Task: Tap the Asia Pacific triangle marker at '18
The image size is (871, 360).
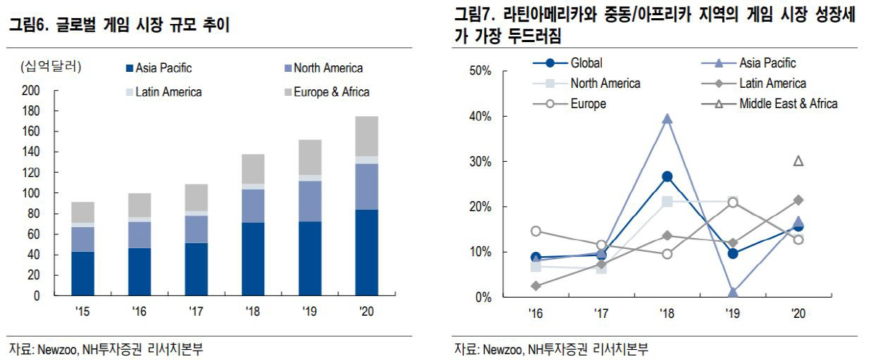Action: [667, 118]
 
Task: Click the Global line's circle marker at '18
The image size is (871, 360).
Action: [667, 176]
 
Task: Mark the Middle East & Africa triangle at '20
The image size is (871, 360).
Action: [798, 161]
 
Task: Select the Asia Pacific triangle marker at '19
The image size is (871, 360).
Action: [733, 292]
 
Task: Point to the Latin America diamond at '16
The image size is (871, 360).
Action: [536, 286]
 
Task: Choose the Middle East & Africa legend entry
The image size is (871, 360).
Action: [781, 104]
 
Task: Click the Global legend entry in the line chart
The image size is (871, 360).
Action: [578, 63]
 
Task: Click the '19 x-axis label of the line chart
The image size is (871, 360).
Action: [733, 314]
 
